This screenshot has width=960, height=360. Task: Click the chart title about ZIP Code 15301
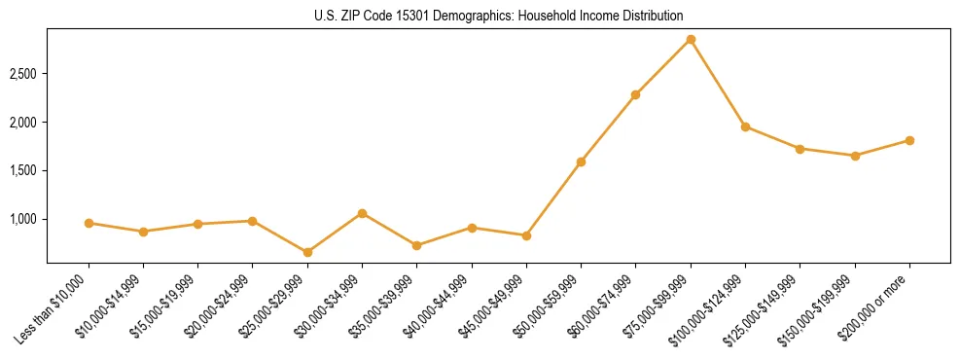pyautogui.click(x=498, y=16)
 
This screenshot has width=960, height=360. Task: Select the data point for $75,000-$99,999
pyautogui.click(x=691, y=40)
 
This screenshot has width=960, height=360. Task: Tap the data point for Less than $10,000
pyautogui.click(x=89, y=223)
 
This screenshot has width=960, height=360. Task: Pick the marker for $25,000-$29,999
pyautogui.click(x=307, y=252)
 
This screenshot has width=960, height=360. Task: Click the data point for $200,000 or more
pyautogui.click(x=909, y=140)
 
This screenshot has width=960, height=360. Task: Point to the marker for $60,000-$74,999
pyautogui.click(x=635, y=94)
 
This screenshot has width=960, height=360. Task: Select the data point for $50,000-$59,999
pyautogui.click(x=581, y=162)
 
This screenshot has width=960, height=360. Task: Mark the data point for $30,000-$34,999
pyautogui.click(x=362, y=213)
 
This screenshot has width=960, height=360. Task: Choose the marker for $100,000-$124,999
pyautogui.click(x=745, y=126)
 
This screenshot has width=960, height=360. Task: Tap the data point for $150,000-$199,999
pyautogui.click(x=855, y=156)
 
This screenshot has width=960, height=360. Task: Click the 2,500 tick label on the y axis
pyautogui.click(x=24, y=74)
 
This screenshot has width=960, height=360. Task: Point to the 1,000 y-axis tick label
pyautogui.click(x=24, y=219)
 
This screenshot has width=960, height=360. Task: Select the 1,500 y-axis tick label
pyautogui.click(x=24, y=171)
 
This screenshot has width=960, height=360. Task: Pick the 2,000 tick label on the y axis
pyautogui.click(x=24, y=123)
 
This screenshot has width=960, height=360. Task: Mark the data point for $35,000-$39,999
pyautogui.click(x=416, y=245)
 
